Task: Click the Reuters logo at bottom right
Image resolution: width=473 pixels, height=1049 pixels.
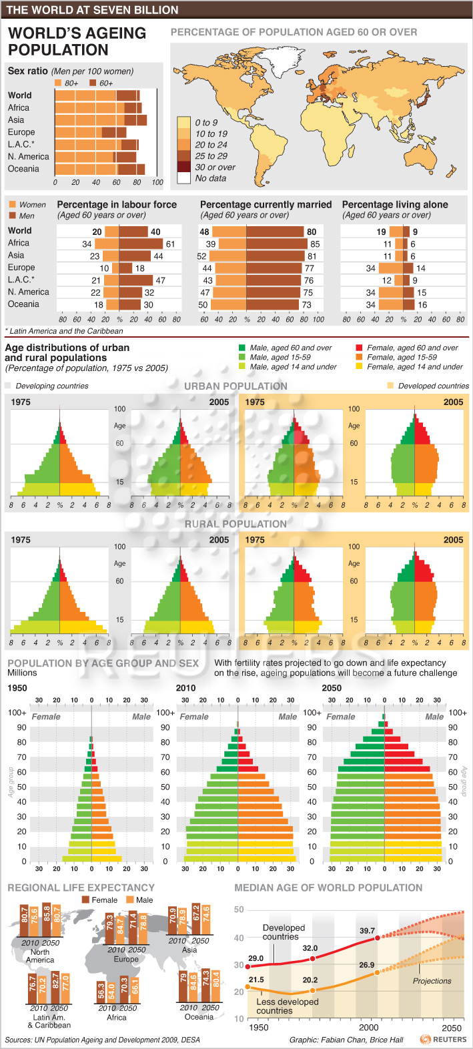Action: [x=444, y=1039]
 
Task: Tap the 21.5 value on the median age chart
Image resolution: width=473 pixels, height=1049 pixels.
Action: [x=256, y=980]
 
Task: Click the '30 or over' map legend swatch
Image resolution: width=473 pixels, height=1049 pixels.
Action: [x=183, y=167]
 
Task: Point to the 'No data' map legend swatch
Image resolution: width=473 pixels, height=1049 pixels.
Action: [x=183, y=178]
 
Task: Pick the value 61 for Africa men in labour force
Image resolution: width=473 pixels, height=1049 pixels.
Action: [x=170, y=244]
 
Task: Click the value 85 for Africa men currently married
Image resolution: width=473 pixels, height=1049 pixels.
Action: [x=315, y=244]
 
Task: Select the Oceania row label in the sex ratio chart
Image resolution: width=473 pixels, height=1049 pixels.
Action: [x=23, y=169]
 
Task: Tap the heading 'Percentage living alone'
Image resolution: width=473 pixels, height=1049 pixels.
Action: [x=395, y=205]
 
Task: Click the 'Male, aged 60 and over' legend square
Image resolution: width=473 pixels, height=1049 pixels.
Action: [x=242, y=348]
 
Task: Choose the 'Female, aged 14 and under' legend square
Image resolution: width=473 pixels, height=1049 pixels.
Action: [x=360, y=366]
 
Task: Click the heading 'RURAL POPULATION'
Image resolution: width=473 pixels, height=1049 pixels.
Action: [x=235, y=524]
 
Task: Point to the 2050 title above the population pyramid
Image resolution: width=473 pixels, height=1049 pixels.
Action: [x=332, y=688]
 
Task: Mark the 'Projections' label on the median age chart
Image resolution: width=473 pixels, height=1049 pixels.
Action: [x=432, y=981]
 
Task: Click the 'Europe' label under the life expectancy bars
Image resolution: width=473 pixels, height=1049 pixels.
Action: [x=126, y=959]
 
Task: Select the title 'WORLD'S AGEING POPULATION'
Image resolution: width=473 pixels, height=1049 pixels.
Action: [x=77, y=41]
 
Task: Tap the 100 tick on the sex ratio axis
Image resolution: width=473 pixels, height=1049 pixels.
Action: [x=157, y=182]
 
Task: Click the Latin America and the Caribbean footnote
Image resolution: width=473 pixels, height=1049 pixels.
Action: [x=64, y=331]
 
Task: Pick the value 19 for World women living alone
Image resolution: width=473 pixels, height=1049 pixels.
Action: [x=381, y=232]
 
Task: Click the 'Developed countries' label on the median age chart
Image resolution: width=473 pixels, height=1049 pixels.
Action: [x=284, y=932]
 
